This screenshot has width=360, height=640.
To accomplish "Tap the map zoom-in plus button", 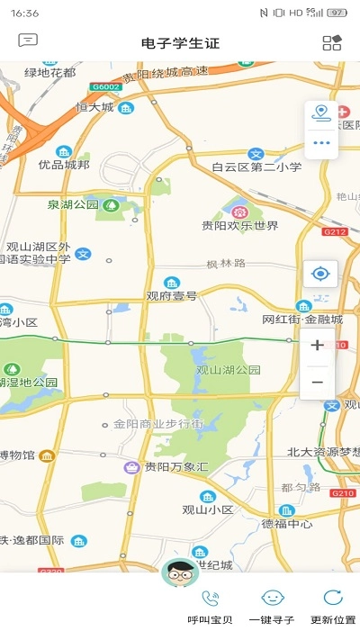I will pyautogui.click(x=317, y=346).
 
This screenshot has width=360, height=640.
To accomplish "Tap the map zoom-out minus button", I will pyautogui.click(x=317, y=382).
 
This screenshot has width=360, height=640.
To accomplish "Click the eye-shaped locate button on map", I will pyautogui.click(x=319, y=274).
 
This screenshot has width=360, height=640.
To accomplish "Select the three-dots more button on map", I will pyautogui.click(x=320, y=142).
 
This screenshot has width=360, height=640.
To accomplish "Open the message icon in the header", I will pyautogui.click(x=28, y=41).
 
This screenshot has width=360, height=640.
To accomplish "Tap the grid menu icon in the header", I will pyautogui.click(x=331, y=42).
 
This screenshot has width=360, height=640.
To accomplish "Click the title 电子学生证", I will pyautogui.click(x=180, y=42).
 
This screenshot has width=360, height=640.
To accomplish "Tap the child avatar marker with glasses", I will pyautogui.click(x=180, y=572).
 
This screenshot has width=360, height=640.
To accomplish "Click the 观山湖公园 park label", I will pyautogui.click(x=229, y=369).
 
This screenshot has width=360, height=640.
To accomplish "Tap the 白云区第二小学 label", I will pyautogui.click(x=256, y=167).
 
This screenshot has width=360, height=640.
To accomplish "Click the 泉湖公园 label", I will pyautogui.click(x=73, y=205).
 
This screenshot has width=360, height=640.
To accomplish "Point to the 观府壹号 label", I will pyautogui.click(x=171, y=294).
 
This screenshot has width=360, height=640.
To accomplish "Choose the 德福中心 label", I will pyautogui.click(x=287, y=523).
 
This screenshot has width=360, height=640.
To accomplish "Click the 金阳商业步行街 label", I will pyautogui.click(x=158, y=423).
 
